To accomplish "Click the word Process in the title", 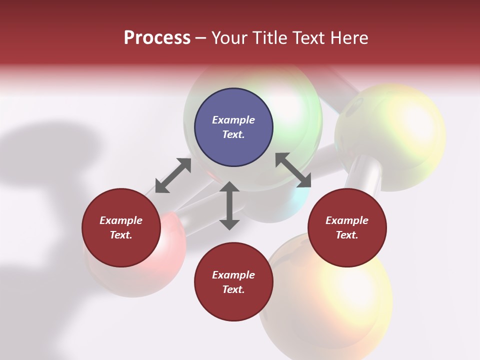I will point(157,38).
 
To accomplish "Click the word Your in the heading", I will point(229,38).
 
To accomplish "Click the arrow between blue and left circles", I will point(173,175).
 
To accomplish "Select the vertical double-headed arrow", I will point(229,205).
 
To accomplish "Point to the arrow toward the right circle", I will point(293,170).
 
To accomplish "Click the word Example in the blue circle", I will point(233,120).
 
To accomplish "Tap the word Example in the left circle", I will point(121,220).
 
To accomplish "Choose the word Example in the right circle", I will point(347,220).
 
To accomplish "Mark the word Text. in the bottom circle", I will point(233,289).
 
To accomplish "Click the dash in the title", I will point(201,38).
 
